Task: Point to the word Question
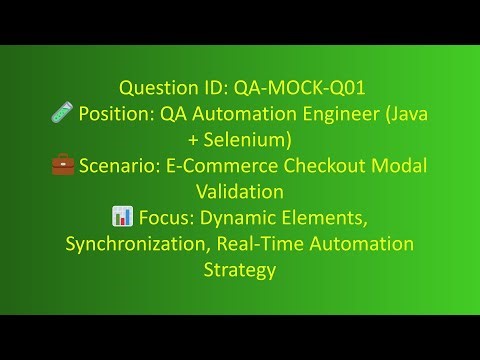point(155,87)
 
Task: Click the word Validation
point(240,191)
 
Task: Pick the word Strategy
point(240,269)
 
